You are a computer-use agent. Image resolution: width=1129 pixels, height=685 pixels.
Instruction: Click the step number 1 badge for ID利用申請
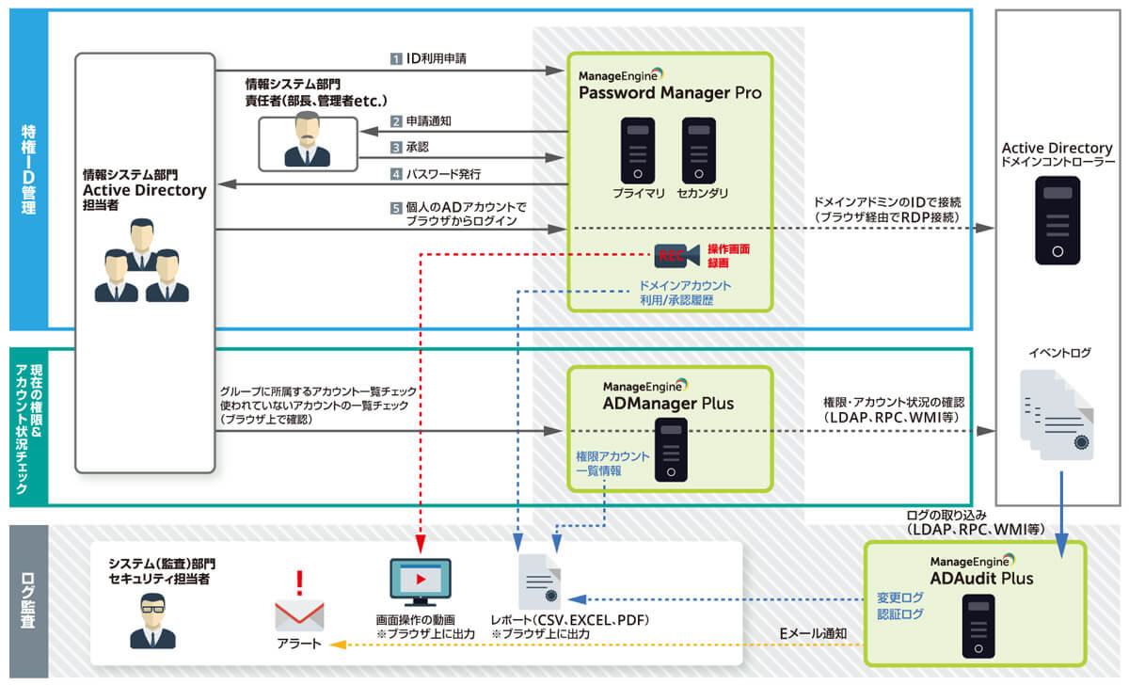[x=397, y=58]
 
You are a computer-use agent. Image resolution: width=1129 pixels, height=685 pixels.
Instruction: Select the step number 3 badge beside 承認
[x=397, y=148]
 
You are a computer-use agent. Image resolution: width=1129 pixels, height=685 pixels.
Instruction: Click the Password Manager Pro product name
[x=670, y=93]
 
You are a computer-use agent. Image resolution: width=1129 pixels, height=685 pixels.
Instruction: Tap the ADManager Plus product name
[x=669, y=405]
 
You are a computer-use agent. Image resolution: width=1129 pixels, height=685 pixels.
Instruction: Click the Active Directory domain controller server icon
[x=1057, y=220]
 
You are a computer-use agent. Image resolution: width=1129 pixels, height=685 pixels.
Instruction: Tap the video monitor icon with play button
[x=420, y=582]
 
